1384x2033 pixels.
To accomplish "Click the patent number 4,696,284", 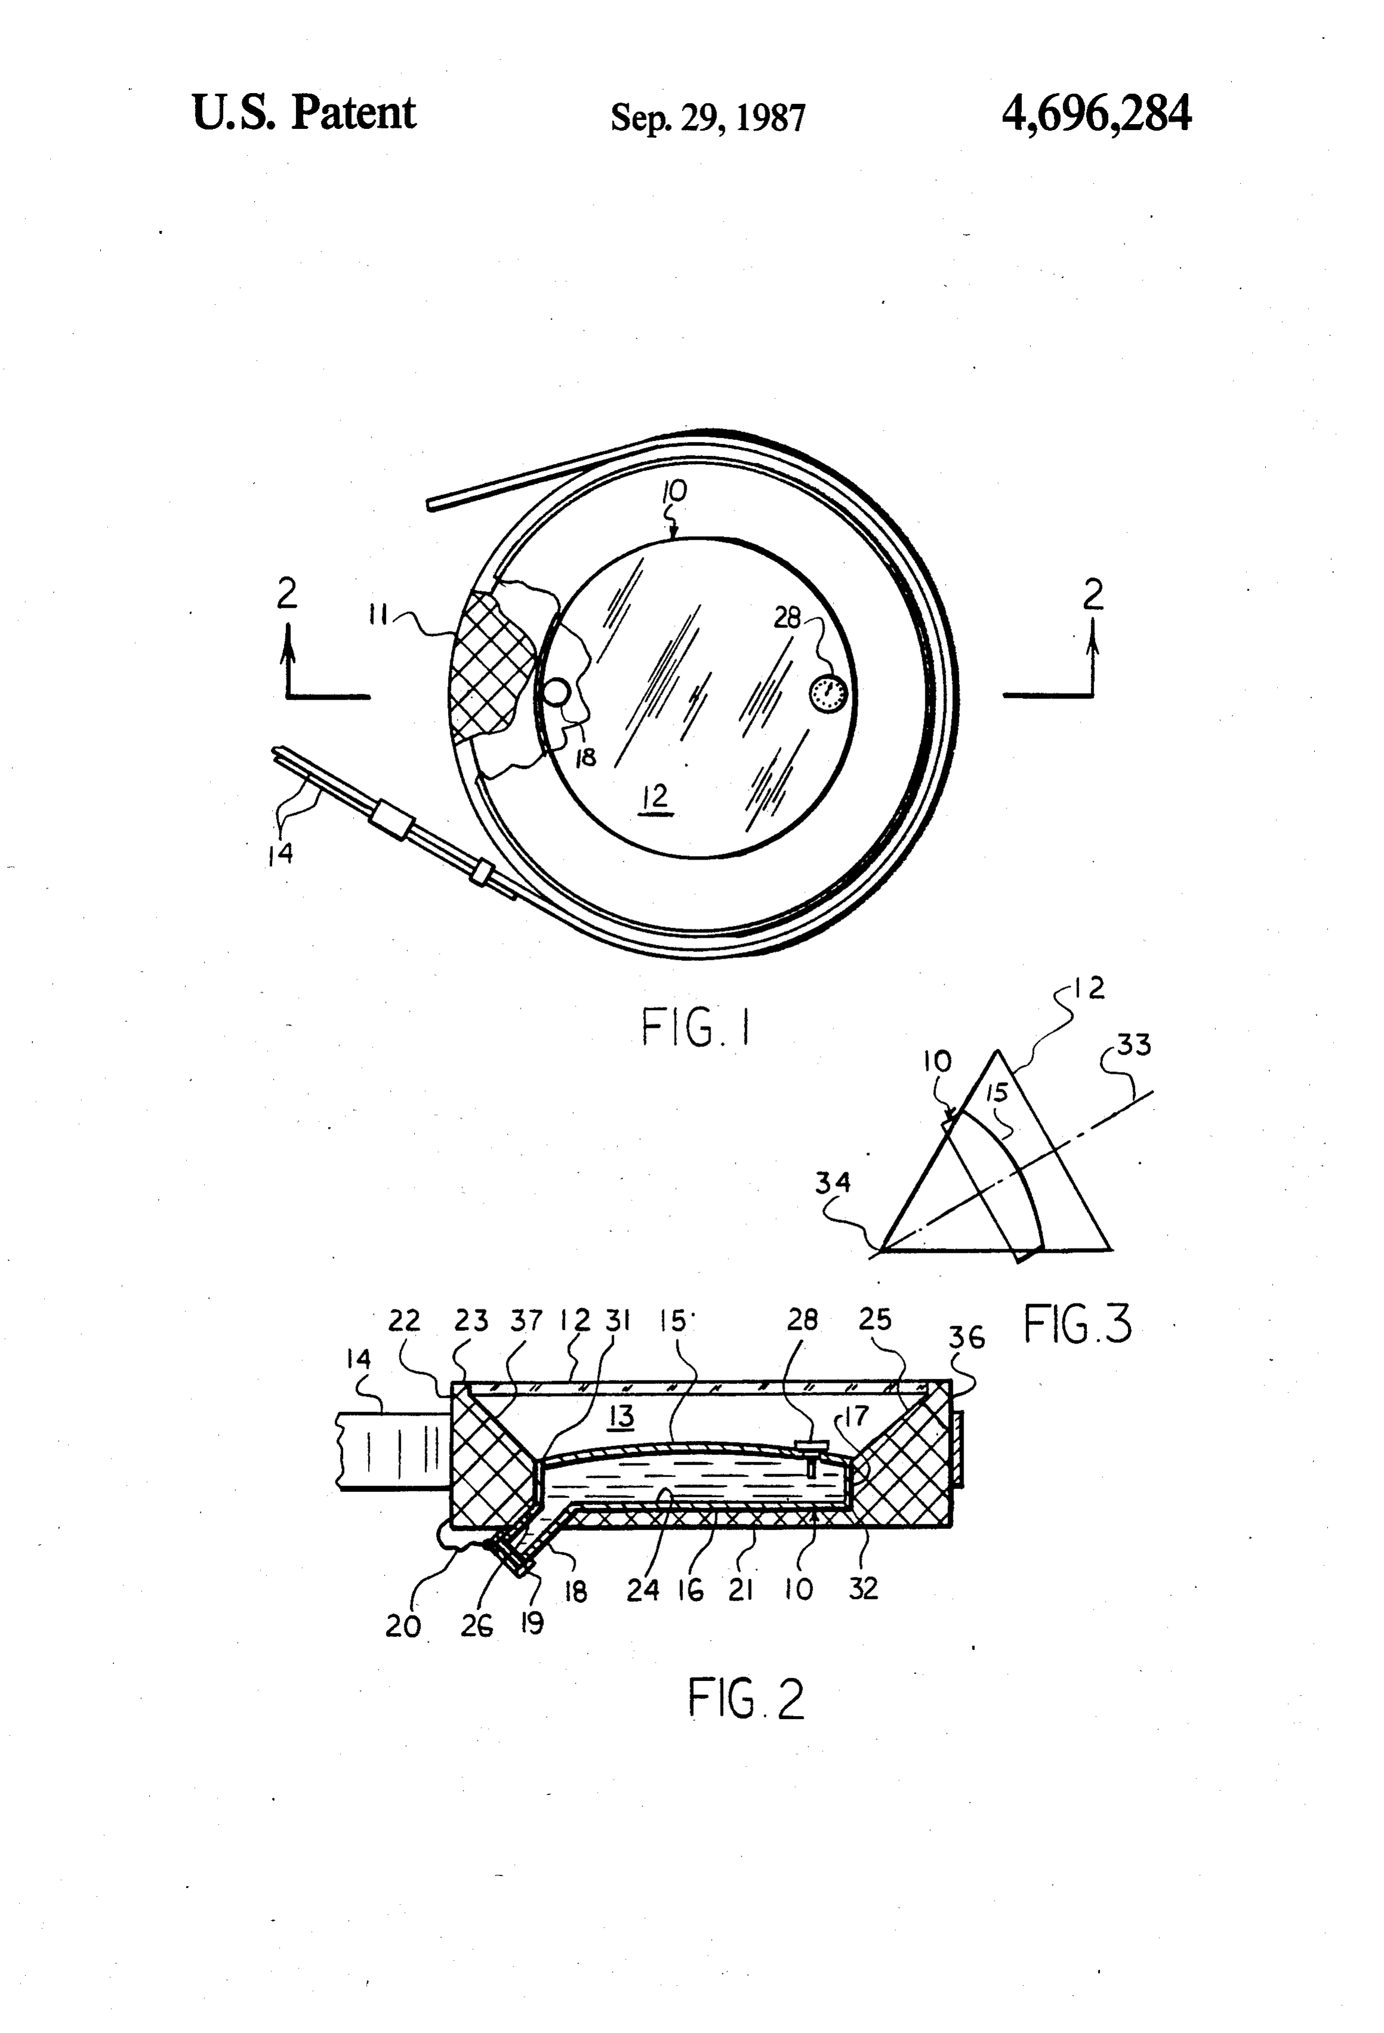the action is pyautogui.click(x=1096, y=115).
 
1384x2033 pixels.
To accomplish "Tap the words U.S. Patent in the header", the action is pyautogui.click(x=304, y=112).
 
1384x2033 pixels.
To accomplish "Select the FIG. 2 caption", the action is pyautogui.click(x=745, y=1698).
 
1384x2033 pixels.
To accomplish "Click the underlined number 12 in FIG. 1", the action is pyautogui.click(x=654, y=797).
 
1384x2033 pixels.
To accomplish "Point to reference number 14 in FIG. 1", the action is pyautogui.click(x=281, y=854).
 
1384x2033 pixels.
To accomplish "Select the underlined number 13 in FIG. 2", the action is pyautogui.click(x=621, y=1416).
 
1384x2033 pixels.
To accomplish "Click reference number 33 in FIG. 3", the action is pyautogui.click(x=1134, y=1045).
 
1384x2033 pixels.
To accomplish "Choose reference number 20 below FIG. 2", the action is pyautogui.click(x=403, y=1626).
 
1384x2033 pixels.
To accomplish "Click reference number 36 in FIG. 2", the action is pyautogui.click(x=966, y=1337).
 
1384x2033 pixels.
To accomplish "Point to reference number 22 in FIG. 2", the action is pyautogui.click(x=405, y=1320).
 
